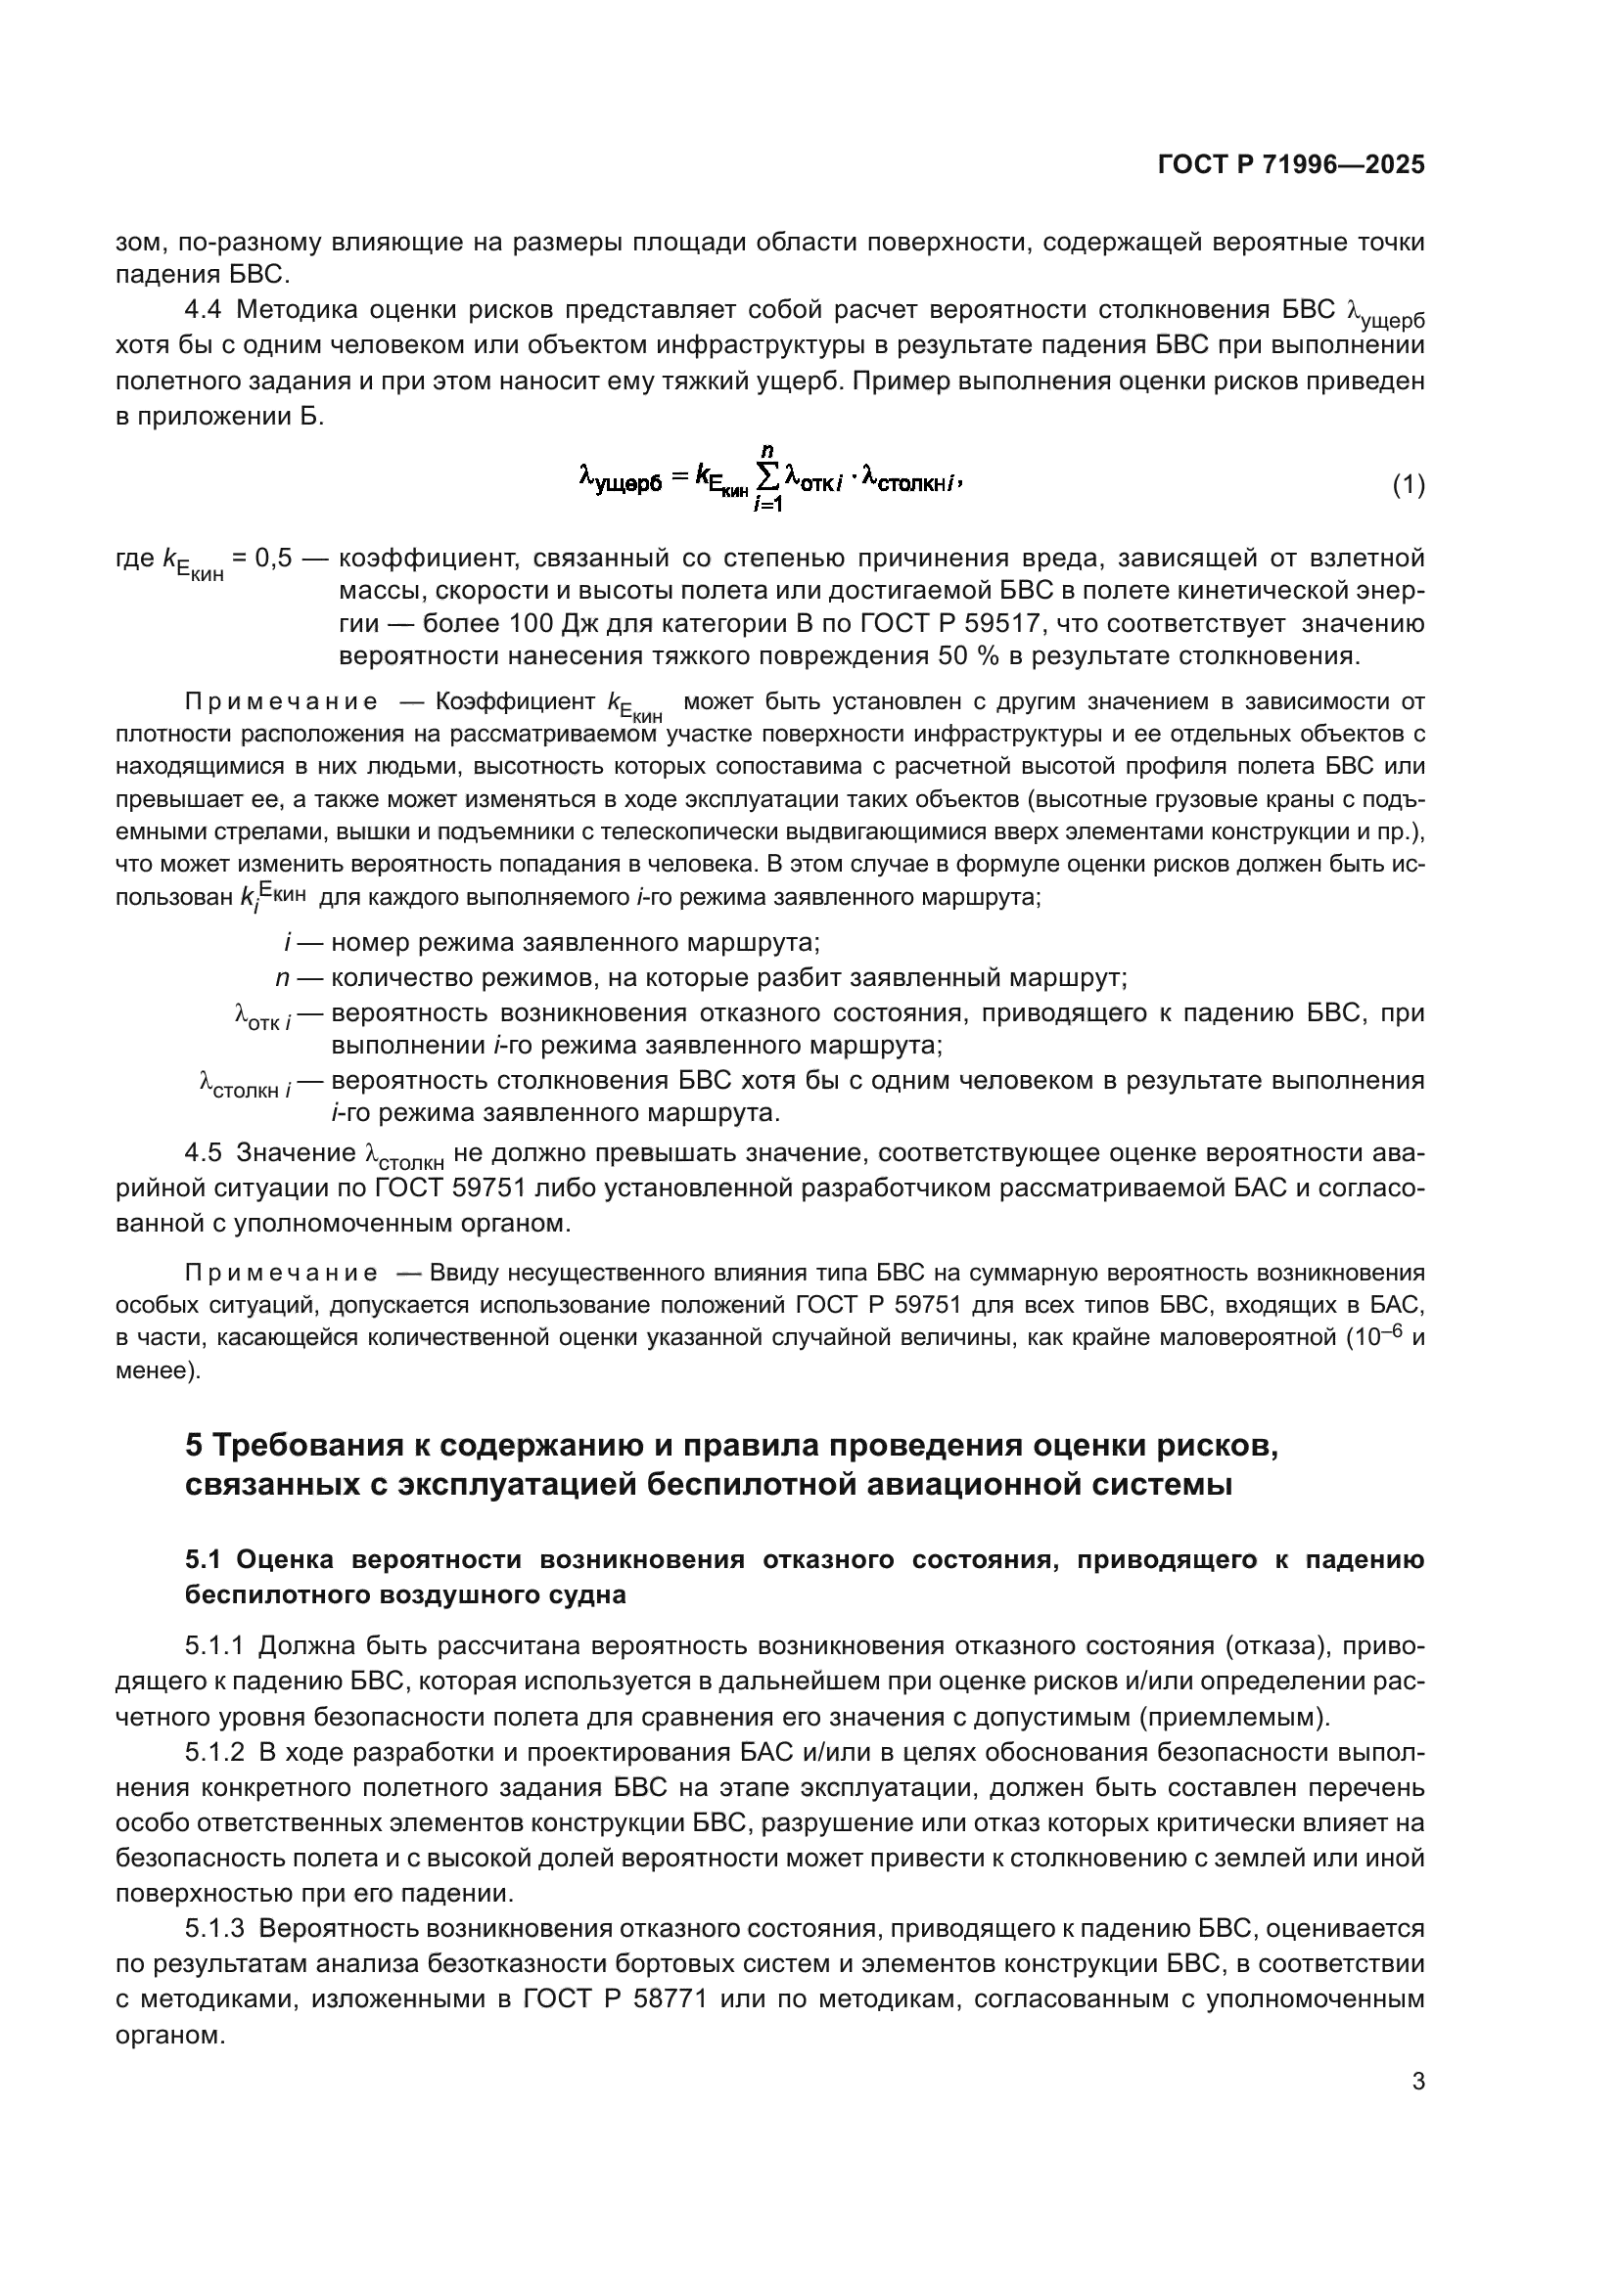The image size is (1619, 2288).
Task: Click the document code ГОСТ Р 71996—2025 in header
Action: (x=1290, y=164)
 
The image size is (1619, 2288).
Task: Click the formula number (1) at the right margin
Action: (x=1408, y=485)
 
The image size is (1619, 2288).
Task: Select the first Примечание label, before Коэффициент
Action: (x=281, y=701)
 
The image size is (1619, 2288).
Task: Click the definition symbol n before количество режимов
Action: (x=282, y=977)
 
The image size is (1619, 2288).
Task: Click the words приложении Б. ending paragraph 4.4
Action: (x=228, y=417)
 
